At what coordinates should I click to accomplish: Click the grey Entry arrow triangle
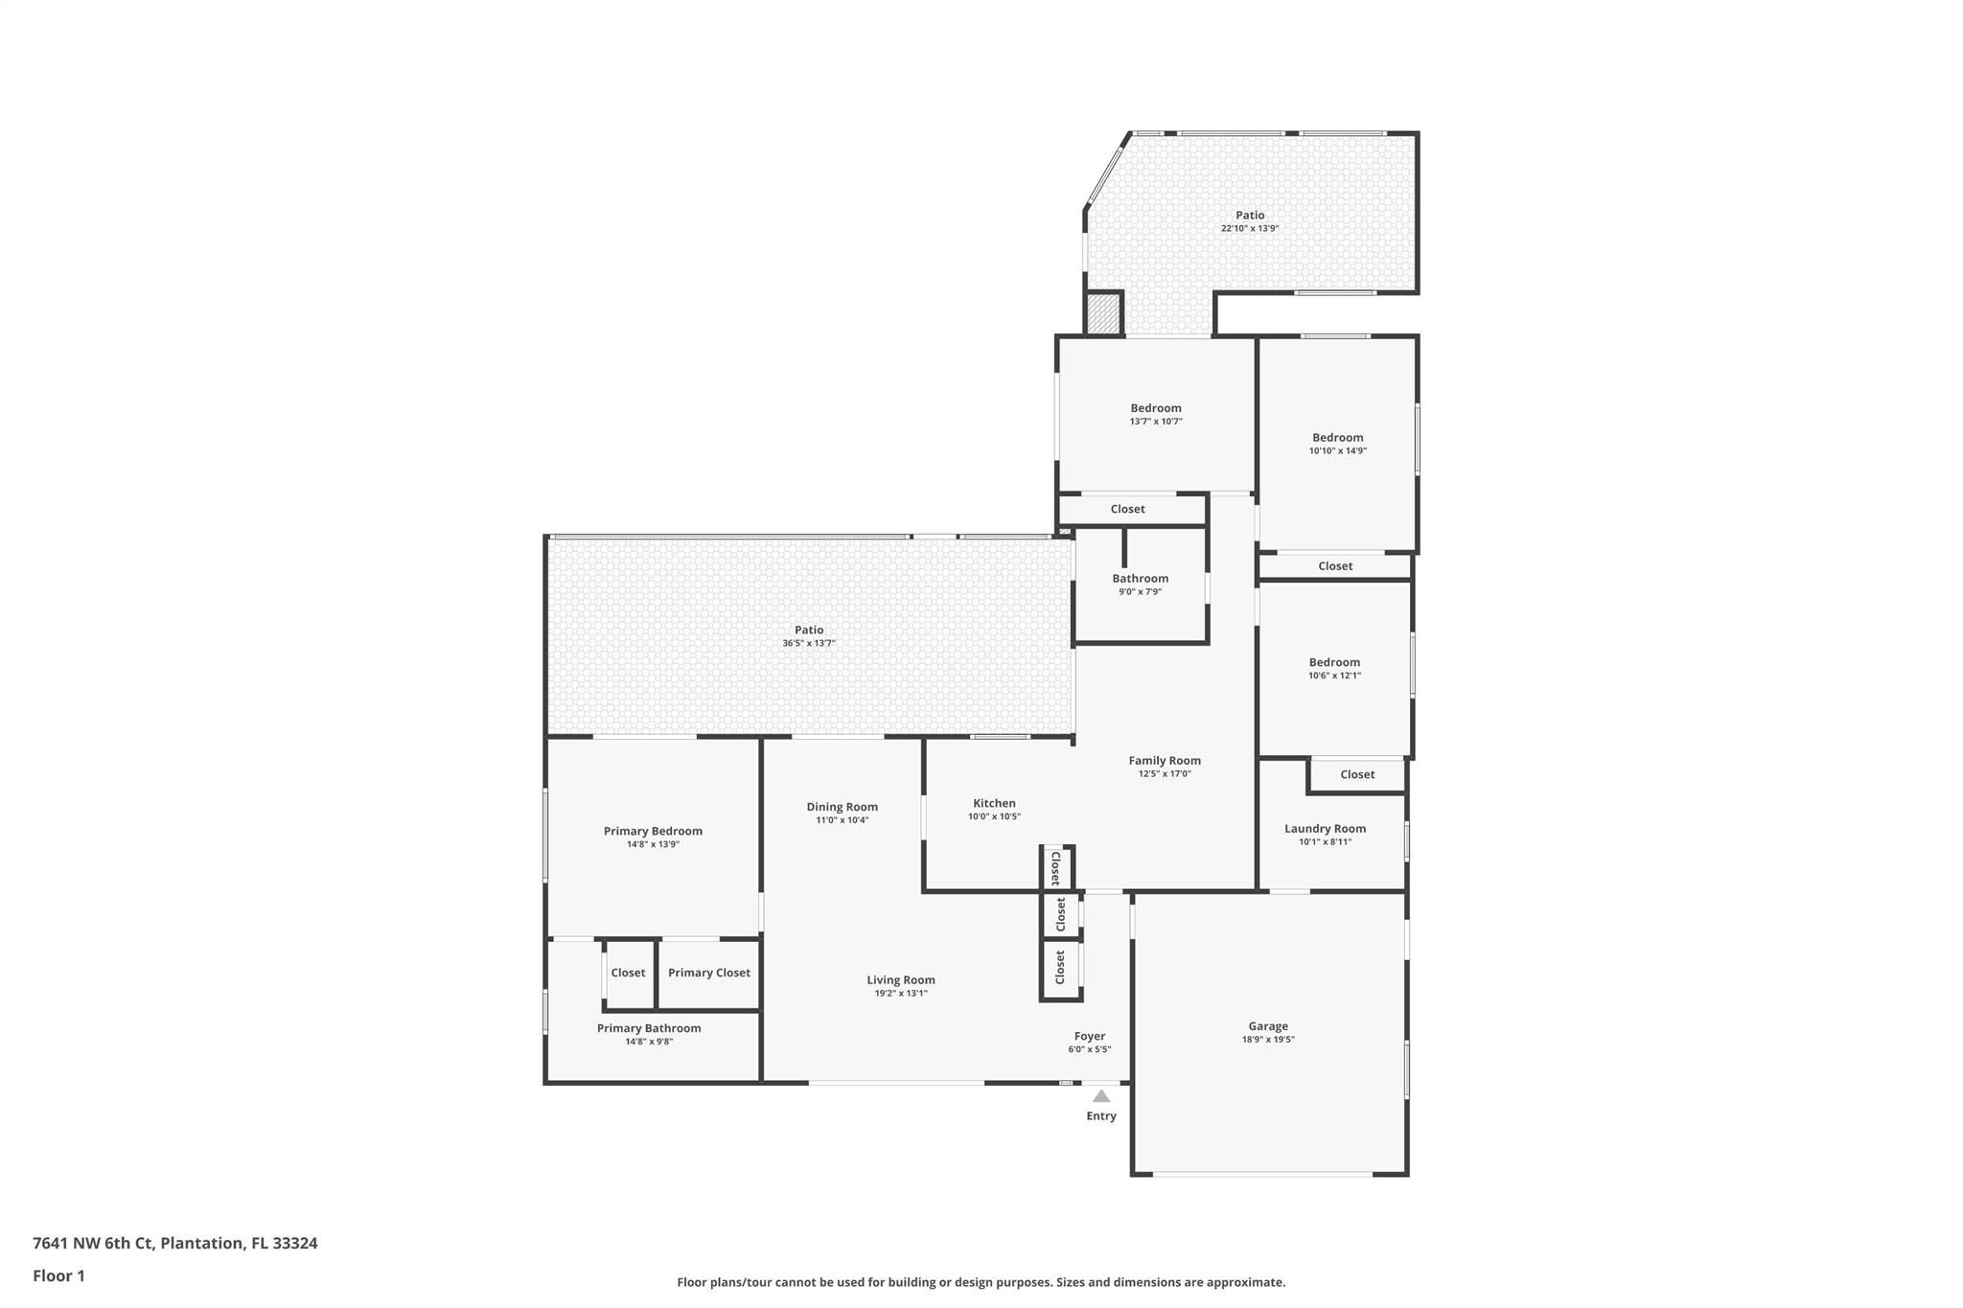pos(1101,1096)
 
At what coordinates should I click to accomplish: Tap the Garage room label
pos(1268,1026)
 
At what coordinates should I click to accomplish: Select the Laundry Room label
pos(1326,829)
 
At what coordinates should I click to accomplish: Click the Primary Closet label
pos(709,973)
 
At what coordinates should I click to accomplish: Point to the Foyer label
pos(1090,1036)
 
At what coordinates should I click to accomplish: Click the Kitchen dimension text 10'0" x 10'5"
pos(994,816)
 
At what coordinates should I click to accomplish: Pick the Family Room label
pos(1165,761)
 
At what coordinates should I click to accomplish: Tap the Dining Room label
pos(843,807)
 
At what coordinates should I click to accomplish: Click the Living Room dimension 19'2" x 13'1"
pos(901,993)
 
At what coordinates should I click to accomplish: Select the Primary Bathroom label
pos(649,1028)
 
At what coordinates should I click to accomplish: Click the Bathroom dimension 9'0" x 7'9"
pos(1141,591)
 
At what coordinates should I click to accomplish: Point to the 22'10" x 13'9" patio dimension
pos(1250,228)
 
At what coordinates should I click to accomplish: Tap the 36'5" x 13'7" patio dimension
pos(809,643)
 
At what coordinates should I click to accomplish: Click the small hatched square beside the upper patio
pos(1103,314)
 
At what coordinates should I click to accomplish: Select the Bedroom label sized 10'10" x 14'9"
pos(1338,438)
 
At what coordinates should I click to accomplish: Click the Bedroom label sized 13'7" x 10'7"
pos(1156,408)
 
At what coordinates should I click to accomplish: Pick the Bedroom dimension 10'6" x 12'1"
pos(1334,675)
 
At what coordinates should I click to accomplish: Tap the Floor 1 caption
pos(58,1275)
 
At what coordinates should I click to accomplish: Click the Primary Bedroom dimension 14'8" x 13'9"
pos(653,844)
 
